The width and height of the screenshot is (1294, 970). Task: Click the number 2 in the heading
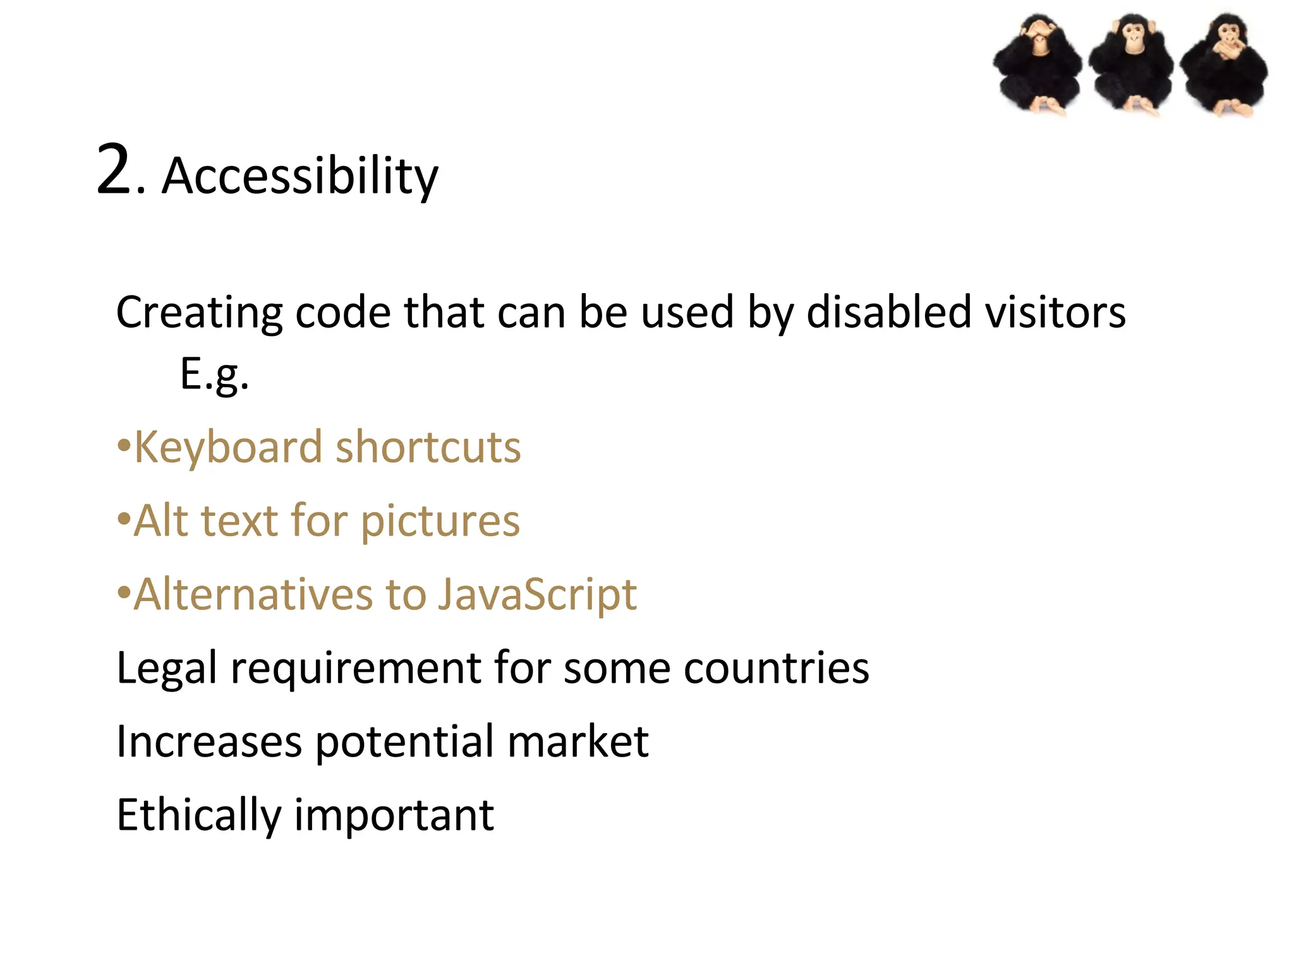pos(114,171)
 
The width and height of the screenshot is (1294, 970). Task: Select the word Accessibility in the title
pos(299,176)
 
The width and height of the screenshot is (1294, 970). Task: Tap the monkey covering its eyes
pos(1037,65)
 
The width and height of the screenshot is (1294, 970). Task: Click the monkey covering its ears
pos(1131,63)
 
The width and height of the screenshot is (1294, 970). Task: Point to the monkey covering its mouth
pos(1223,65)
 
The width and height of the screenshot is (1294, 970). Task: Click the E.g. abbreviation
pos(214,374)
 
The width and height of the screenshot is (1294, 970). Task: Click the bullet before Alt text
pos(124,520)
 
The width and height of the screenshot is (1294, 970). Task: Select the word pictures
pos(440,522)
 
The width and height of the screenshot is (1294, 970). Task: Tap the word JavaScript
pos(537,596)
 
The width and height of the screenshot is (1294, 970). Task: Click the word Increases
pos(209,741)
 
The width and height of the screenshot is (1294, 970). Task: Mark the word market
pos(577,741)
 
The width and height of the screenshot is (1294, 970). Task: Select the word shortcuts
pos(428,447)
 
